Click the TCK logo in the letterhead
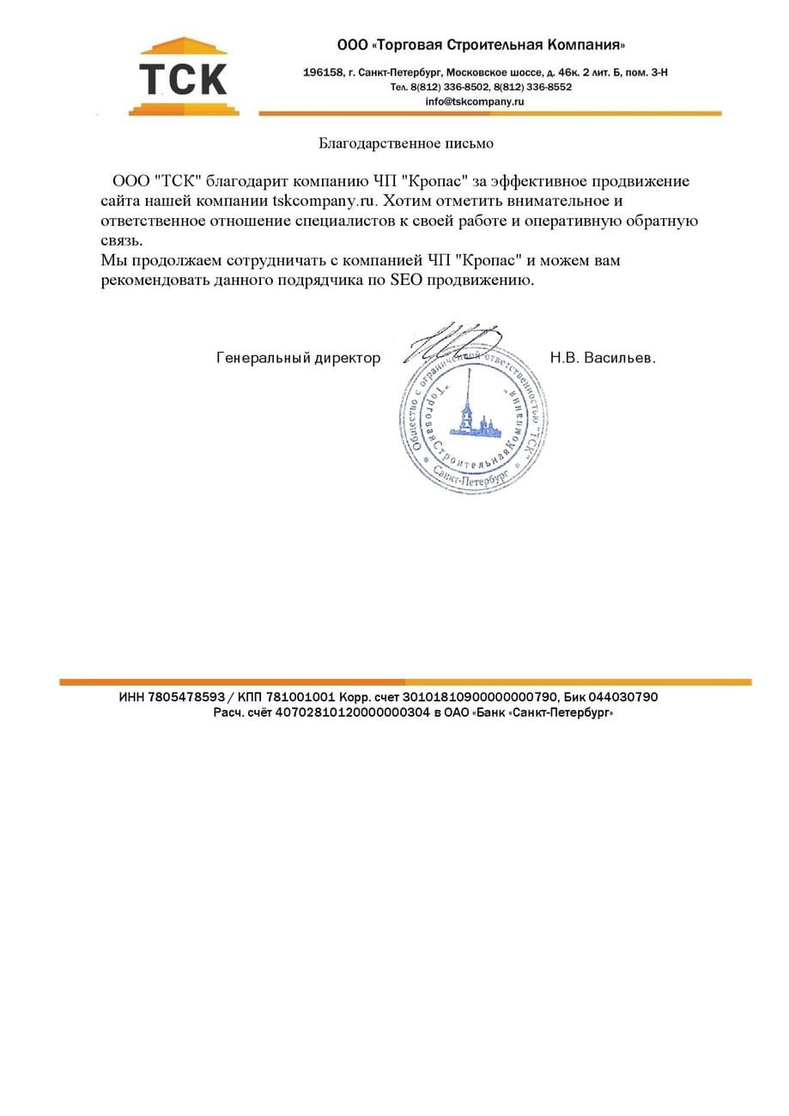tap(183, 77)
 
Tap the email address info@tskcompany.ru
tap(474, 101)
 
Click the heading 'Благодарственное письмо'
tap(406, 143)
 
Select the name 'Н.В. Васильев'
tap(602, 358)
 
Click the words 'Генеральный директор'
tap(298, 358)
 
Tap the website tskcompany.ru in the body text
tap(324, 202)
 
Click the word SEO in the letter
tap(407, 281)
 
